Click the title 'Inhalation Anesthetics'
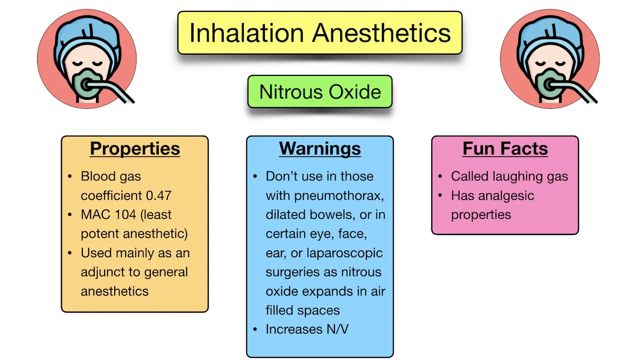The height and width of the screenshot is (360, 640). [x=320, y=33]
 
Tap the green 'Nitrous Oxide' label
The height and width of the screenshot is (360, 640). [x=320, y=92]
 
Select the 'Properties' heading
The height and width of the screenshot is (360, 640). [x=135, y=149]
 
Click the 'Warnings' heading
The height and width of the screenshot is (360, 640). [x=320, y=149]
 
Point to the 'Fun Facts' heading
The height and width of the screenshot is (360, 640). [x=505, y=149]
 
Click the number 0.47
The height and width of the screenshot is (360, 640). [x=159, y=195]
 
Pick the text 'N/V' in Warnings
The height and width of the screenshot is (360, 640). [x=337, y=329]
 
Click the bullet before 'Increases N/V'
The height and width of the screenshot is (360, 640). [x=255, y=329]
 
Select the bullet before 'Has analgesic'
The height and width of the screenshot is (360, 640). [x=440, y=195]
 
